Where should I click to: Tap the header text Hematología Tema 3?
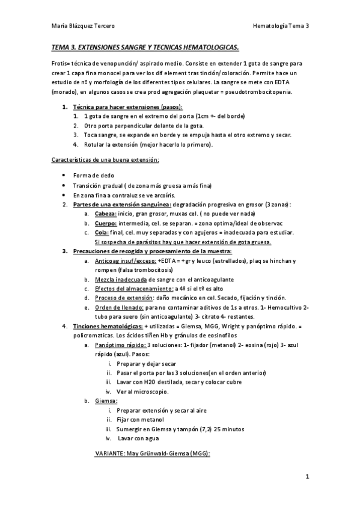(x=281, y=26)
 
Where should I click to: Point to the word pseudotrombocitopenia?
(x=262, y=92)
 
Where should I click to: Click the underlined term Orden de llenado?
(x=118, y=307)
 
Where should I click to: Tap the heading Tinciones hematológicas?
(x=107, y=325)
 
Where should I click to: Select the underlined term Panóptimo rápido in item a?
(x=120, y=345)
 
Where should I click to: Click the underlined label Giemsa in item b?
(x=106, y=401)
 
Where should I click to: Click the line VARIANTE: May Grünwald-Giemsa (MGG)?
(x=153, y=455)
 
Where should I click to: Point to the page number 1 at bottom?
(x=307, y=478)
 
